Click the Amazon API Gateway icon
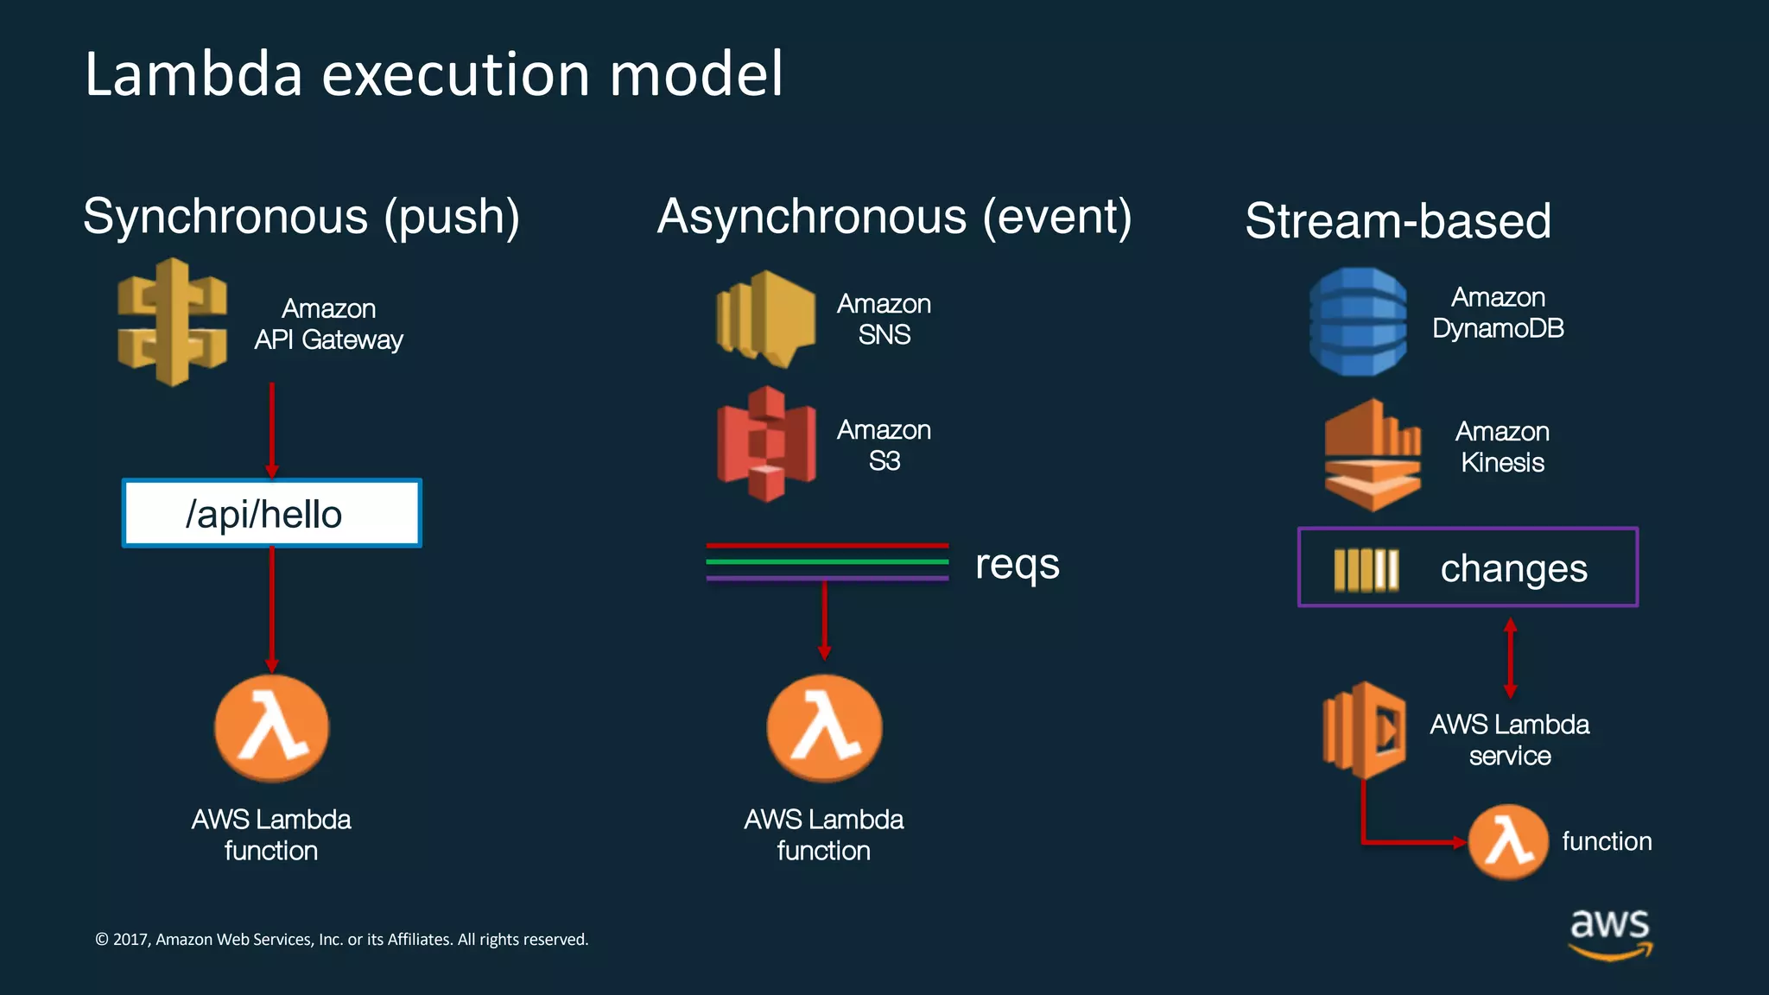(173, 322)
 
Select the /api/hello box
(271, 513)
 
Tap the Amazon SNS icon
(765, 319)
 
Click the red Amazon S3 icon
(765, 444)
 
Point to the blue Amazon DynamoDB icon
(1358, 321)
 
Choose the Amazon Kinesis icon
(1372, 454)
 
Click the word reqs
(1017, 565)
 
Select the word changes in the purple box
(1513, 568)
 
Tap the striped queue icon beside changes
(1366, 570)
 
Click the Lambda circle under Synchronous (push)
(271, 728)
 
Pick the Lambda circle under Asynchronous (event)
(824, 728)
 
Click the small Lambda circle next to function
(1508, 841)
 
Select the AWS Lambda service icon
(1364, 731)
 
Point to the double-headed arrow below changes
(1510, 657)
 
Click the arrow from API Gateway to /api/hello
(271, 430)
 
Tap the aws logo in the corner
(1609, 932)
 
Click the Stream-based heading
(1398, 220)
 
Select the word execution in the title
(455, 74)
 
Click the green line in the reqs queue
(827, 561)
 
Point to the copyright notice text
(341, 939)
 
